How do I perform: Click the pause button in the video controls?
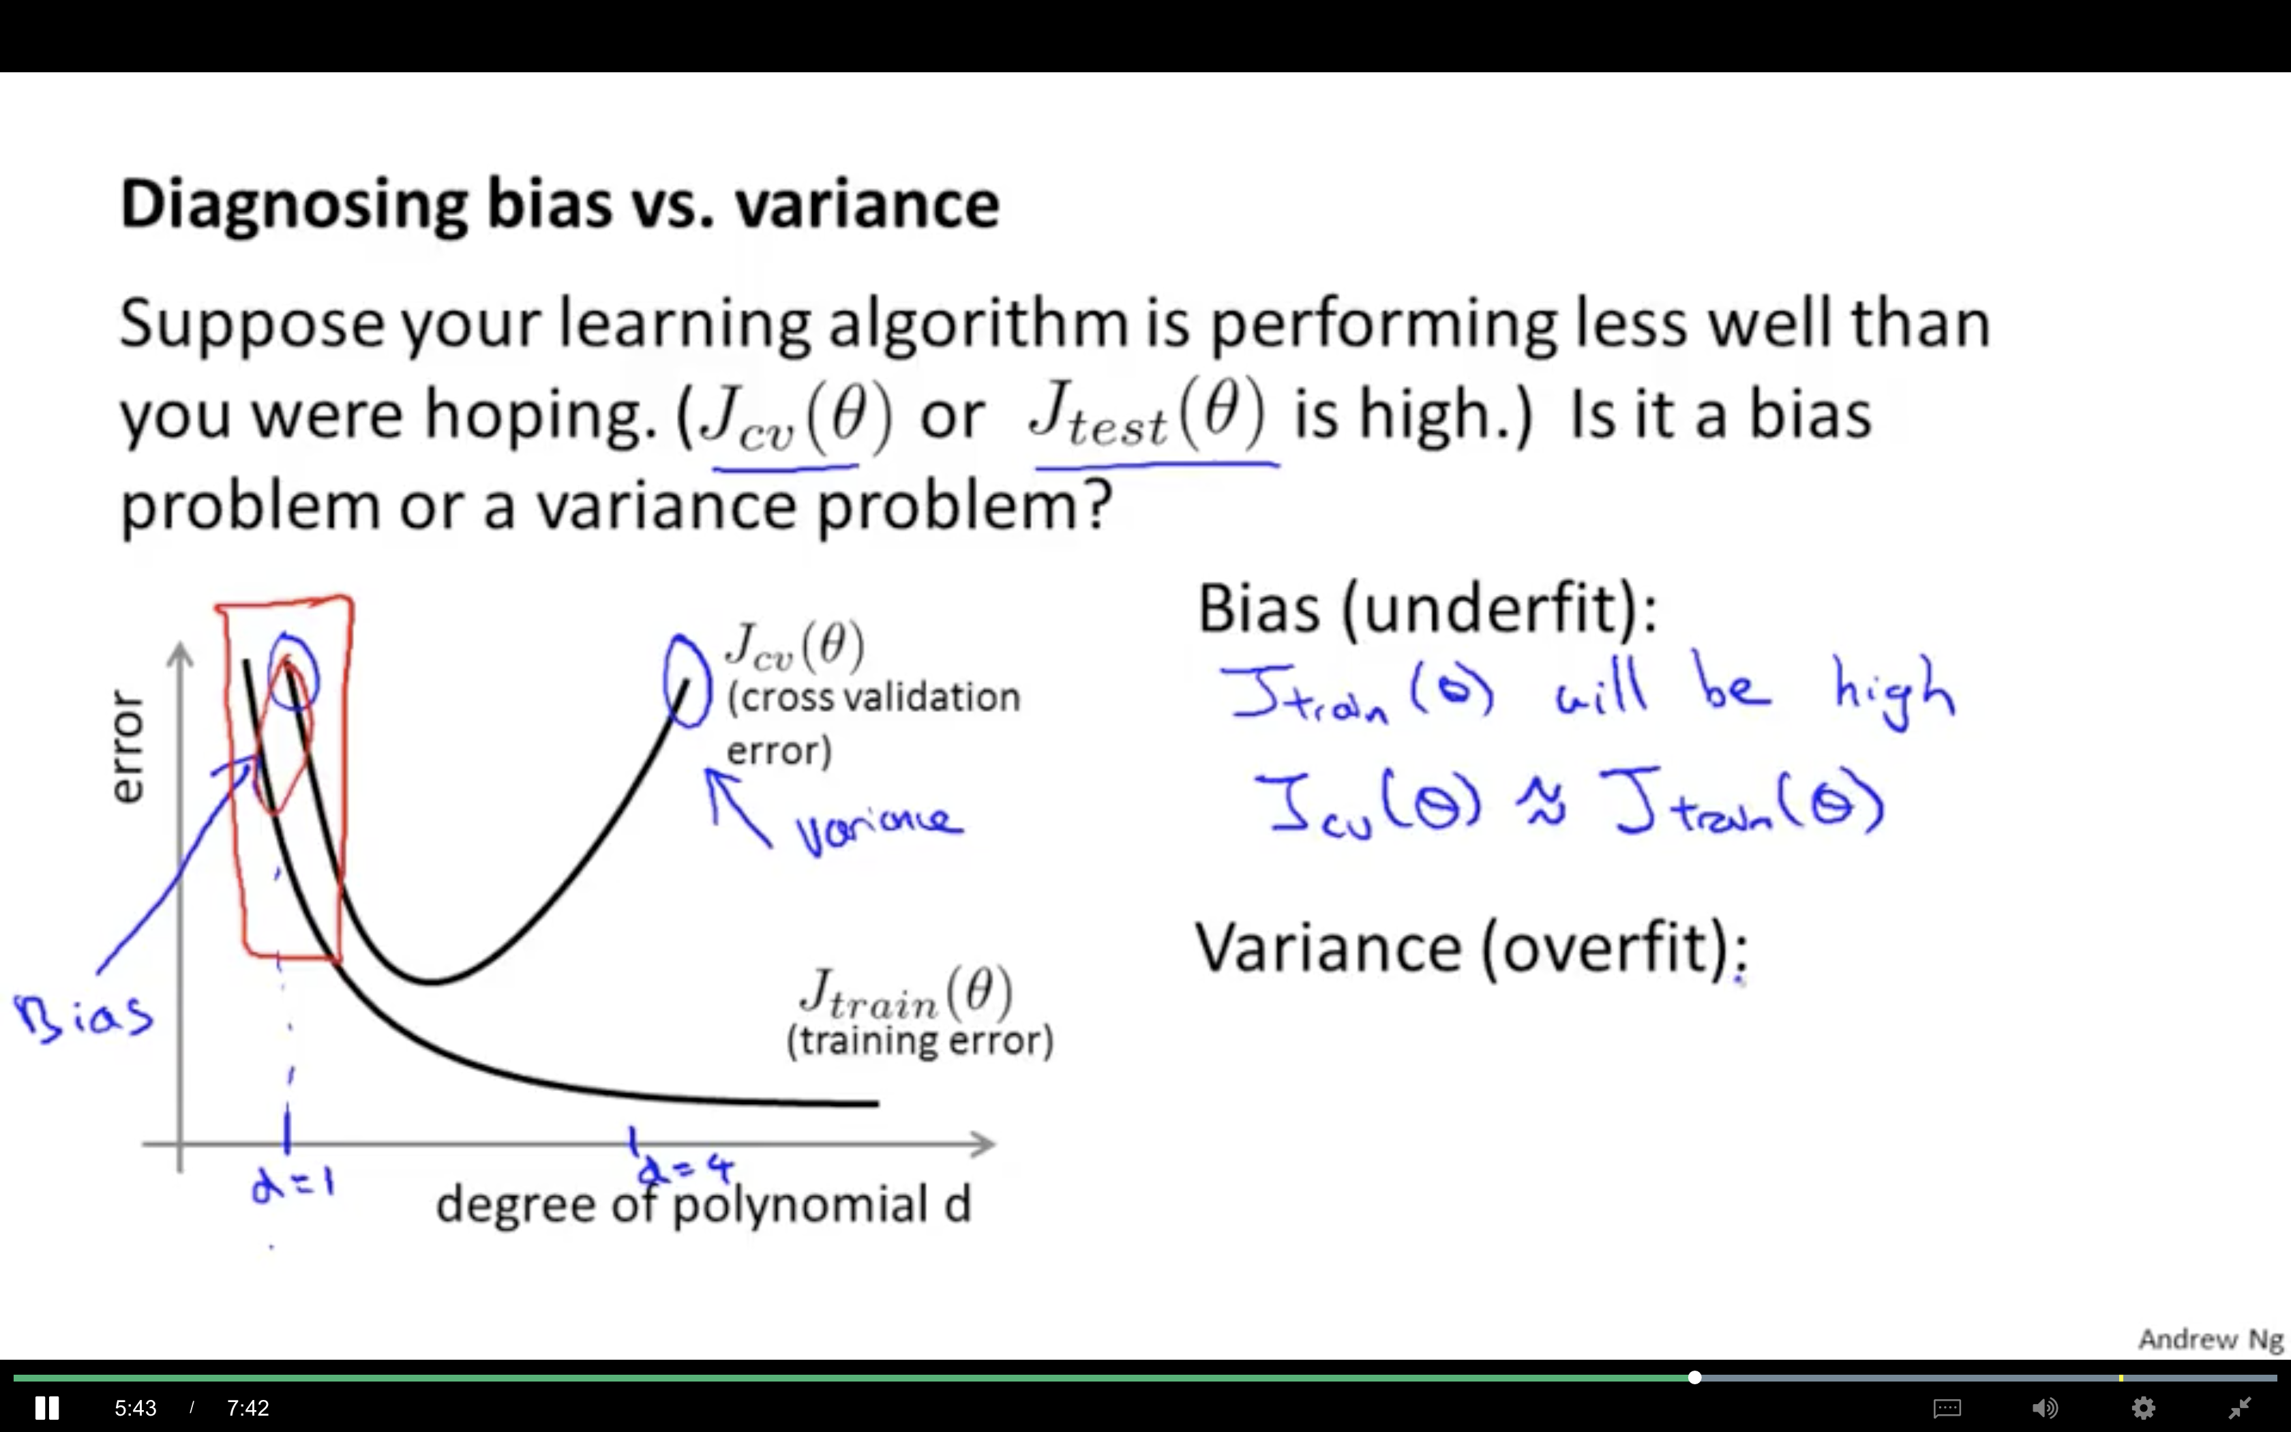tap(46, 1407)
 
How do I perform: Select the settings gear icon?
tap(2143, 1408)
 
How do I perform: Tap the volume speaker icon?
tap(2044, 1408)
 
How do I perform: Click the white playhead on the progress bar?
tap(1694, 1377)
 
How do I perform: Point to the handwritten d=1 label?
tap(293, 1183)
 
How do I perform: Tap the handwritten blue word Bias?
tap(83, 1015)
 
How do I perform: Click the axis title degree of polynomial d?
tap(704, 1205)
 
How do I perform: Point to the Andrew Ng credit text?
tap(2211, 1339)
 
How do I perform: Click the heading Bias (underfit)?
tap(1428, 608)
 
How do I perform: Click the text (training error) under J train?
tap(919, 1040)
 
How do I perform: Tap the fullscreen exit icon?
tap(2240, 1408)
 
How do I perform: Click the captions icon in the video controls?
tap(1947, 1408)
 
